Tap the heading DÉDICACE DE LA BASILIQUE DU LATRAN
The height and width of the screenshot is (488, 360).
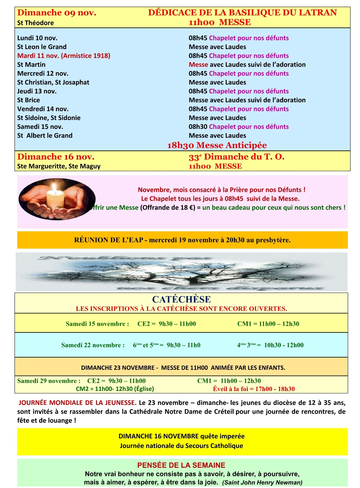pyautogui.click(x=242, y=13)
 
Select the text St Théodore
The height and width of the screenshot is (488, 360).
pyautogui.click(x=35, y=23)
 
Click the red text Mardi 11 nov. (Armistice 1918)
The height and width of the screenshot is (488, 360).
pyautogui.click(x=64, y=56)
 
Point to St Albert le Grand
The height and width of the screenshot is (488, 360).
pyautogui.click(x=45, y=135)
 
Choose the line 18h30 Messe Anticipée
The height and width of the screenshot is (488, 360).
pyautogui.click(x=217, y=145)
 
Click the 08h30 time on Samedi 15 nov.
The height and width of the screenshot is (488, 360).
pyautogui.click(x=198, y=127)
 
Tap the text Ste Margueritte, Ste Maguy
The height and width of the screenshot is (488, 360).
pyautogui.click(x=59, y=166)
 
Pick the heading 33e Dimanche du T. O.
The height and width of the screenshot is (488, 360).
pyautogui.click(x=236, y=157)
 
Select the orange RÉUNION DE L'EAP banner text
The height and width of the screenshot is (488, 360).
pyautogui.click(x=182, y=240)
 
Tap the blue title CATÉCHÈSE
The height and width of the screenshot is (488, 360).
pyautogui.click(x=181, y=299)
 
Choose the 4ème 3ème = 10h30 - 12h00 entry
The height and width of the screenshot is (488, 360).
pyautogui.click(x=270, y=345)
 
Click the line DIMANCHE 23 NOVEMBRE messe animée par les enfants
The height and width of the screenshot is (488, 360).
pyautogui.click(x=183, y=368)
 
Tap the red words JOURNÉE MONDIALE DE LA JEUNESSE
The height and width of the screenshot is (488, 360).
pyautogui.click(x=77, y=403)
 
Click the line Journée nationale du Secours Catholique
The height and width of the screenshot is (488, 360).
pyautogui.click(x=181, y=446)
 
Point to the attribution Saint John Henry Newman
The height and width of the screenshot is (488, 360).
pyautogui.click(x=262, y=482)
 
